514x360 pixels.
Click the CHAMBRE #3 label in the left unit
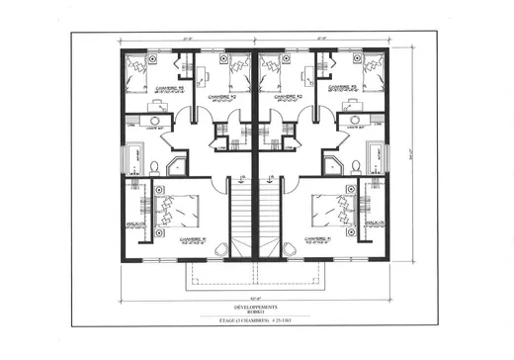pyautogui.click(x=164, y=87)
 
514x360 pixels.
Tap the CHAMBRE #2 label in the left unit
pyautogui.click(x=221, y=97)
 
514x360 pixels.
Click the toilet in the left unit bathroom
pyautogui.click(x=155, y=165)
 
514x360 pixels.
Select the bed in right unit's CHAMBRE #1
pyautogui.click(x=327, y=209)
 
